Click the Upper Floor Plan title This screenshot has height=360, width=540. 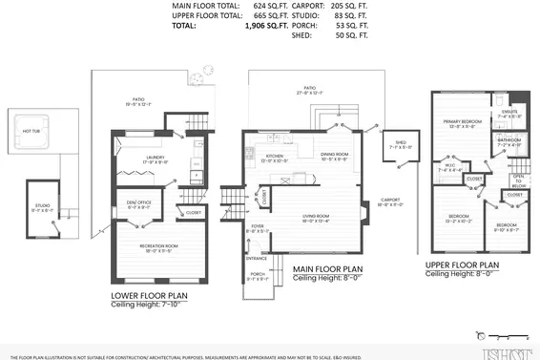point(463,265)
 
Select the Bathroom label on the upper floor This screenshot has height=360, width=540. point(509,140)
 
